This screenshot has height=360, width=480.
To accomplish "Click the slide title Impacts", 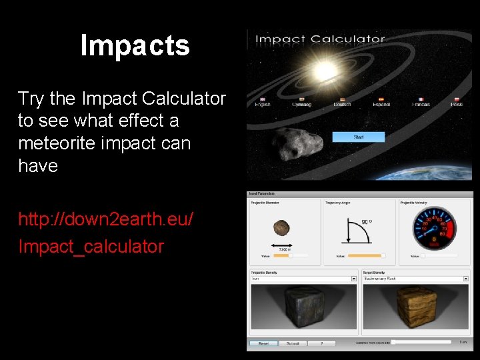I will click(x=135, y=46).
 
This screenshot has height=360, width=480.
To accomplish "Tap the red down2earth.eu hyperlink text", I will click(x=106, y=219).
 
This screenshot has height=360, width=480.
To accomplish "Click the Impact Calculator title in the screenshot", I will click(x=321, y=39).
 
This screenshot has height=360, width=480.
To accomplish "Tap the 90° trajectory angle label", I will click(x=366, y=221).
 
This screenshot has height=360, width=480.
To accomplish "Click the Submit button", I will click(x=293, y=343).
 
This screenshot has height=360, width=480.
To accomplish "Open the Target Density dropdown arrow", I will click(x=466, y=279).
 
